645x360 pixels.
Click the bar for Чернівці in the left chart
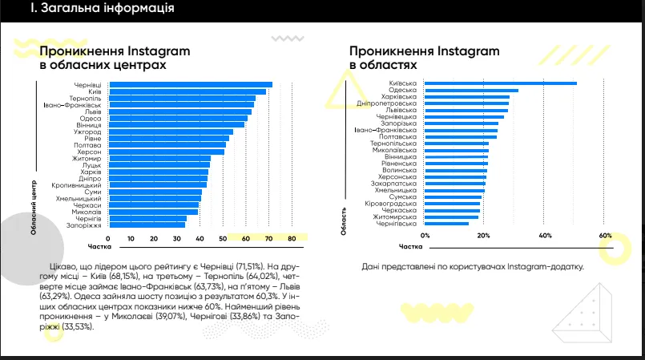tap(191, 85)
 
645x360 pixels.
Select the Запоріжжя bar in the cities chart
tap(147, 225)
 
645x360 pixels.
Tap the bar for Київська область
tap(500, 83)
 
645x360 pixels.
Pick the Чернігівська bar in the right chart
tap(446, 224)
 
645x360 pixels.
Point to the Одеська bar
tap(471, 91)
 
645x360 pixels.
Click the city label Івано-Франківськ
tap(72, 105)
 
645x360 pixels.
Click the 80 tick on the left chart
tap(292, 239)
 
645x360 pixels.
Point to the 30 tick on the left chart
tap(177, 239)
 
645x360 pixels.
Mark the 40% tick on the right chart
tap(545, 236)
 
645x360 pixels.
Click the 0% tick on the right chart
tap(425, 236)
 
